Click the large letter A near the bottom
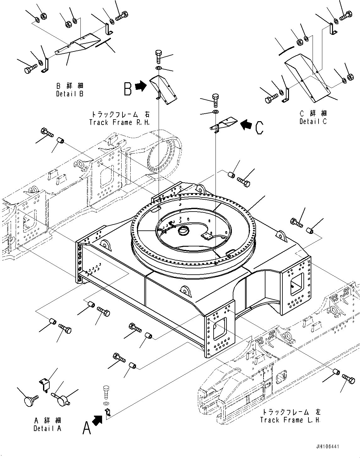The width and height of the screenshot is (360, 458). tap(87, 427)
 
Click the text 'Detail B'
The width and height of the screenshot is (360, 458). tap(70, 94)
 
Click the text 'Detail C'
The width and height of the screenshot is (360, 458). tap(313, 121)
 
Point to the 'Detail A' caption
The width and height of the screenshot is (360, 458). tap(47, 428)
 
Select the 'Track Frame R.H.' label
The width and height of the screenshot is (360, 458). tap(119, 122)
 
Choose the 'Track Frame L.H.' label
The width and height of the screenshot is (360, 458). tap(290, 420)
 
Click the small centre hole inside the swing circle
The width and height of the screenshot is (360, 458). tap(183, 232)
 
